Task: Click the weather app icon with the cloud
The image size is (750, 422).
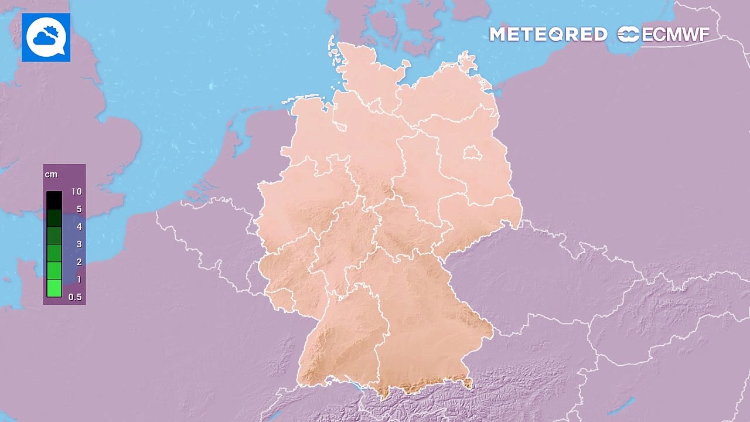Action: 46,38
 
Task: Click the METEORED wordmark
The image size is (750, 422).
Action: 548,35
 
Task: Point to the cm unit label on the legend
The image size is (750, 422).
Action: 50,175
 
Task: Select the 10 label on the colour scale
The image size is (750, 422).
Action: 76,192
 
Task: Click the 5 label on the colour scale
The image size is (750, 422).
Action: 79,209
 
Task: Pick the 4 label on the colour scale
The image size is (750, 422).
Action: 79,227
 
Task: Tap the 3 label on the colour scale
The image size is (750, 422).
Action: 79,244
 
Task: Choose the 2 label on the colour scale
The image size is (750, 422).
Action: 79,262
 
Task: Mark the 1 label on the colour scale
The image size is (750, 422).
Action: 79,280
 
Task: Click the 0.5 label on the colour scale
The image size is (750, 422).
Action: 75,297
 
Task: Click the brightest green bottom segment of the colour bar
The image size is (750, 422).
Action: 54,288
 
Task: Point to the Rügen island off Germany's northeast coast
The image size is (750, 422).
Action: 468,62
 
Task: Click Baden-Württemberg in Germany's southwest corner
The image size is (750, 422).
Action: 340,340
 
